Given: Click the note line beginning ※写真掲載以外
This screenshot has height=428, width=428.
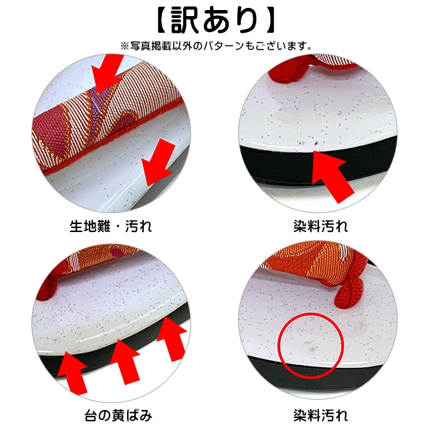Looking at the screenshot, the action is [x=215, y=46].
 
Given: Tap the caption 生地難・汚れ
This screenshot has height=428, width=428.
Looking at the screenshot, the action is [x=110, y=226].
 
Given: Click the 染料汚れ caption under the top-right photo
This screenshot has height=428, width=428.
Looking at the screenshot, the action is [x=321, y=226].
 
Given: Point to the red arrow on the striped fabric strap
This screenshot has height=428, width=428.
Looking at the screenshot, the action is [x=106, y=73].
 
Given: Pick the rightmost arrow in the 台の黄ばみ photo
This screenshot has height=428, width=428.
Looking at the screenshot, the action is [x=171, y=338].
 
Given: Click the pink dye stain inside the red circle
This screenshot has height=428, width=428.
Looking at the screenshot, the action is [x=310, y=346].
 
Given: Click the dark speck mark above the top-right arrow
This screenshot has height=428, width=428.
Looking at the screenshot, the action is [x=316, y=142].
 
